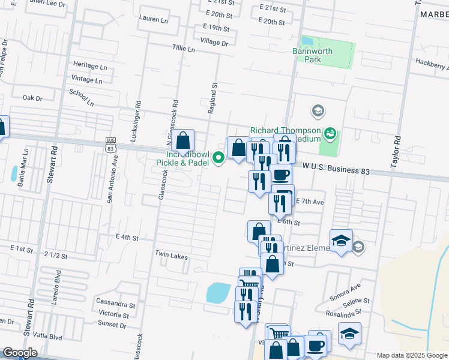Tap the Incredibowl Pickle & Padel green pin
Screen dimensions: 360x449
click(x=219, y=158)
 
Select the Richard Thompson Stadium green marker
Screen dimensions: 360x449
click(x=329, y=133)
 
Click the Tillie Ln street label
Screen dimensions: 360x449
click(x=184, y=49)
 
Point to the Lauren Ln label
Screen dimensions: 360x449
click(x=153, y=19)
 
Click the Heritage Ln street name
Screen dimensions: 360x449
click(x=89, y=65)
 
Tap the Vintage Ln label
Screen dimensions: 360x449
click(x=87, y=79)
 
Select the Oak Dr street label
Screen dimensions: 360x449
click(x=32, y=98)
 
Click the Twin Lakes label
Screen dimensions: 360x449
click(x=172, y=257)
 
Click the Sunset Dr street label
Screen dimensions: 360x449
click(x=112, y=325)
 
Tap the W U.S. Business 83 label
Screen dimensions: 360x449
click(x=336, y=171)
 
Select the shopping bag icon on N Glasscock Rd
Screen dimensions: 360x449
click(x=183, y=142)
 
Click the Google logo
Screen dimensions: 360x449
click(x=20, y=353)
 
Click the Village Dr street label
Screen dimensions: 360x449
click(x=215, y=43)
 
